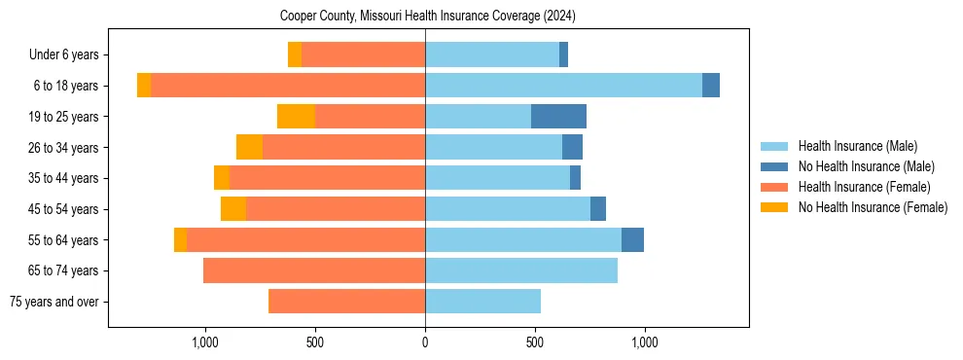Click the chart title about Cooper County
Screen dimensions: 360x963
point(428,16)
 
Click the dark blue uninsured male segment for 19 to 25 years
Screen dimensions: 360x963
point(558,117)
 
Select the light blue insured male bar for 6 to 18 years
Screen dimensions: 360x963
point(563,86)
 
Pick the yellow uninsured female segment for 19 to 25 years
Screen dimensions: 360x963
point(296,117)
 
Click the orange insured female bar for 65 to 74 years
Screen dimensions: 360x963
point(313,270)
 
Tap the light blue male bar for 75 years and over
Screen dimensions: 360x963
point(482,302)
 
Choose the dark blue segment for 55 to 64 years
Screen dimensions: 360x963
point(632,239)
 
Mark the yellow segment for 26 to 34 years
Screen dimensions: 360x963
point(249,147)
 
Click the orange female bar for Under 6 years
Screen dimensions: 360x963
point(363,54)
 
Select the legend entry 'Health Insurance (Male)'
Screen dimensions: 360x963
point(857,146)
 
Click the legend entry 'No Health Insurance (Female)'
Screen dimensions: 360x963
point(873,207)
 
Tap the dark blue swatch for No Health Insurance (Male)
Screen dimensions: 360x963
point(774,166)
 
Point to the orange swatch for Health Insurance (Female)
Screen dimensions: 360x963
point(774,187)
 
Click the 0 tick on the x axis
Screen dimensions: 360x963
point(425,342)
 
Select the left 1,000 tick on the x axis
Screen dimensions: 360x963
point(205,342)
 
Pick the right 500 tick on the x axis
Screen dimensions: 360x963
point(534,342)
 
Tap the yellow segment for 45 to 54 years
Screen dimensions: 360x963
point(233,209)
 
